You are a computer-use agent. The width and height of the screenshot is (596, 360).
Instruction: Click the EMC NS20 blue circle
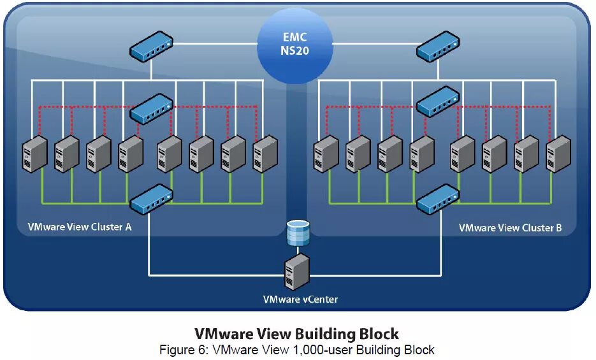tap(294, 45)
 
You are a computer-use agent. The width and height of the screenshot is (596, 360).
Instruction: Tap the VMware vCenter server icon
tap(298, 271)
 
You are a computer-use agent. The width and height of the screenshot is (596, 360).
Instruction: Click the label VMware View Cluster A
tap(80, 227)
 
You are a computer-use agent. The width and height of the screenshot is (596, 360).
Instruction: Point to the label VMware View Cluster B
tap(510, 227)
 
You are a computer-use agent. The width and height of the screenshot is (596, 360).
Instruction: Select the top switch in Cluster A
tap(150, 48)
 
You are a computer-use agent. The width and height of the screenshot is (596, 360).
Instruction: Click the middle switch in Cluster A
tap(150, 108)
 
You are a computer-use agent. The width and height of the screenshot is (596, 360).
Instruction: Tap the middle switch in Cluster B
tap(437, 101)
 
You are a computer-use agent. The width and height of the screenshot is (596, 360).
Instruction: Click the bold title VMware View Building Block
tap(296, 334)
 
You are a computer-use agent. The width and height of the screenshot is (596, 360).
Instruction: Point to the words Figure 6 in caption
tap(184, 350)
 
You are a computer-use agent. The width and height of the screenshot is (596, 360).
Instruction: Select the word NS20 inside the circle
tap(294, 51)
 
